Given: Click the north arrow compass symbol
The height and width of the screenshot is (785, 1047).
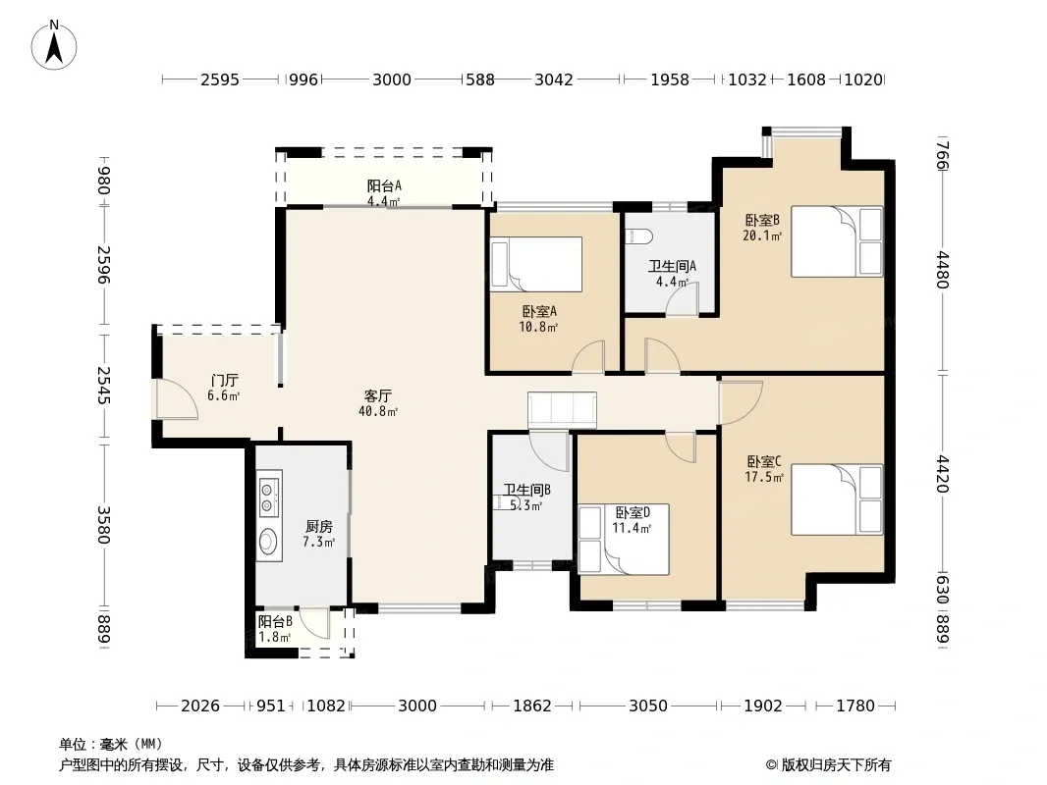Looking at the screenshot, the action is (x=54, y=45).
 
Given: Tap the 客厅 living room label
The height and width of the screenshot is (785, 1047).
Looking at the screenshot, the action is (x=378, y=395).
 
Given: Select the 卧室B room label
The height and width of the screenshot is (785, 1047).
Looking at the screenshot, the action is (x=762, y=220).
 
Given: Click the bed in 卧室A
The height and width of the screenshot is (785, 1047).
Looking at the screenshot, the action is (x=536, y=264).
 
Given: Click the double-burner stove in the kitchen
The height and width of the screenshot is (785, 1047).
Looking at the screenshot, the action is (x=269, y=494).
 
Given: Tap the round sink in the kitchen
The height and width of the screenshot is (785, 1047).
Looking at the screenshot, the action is (x=268, y=541).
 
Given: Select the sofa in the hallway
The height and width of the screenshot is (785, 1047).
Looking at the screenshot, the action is (x=562, y=409).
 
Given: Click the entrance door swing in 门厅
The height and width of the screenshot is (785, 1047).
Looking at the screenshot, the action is (x=177, y=399).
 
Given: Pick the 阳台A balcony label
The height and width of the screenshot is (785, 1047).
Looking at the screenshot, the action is (x=384, y=185).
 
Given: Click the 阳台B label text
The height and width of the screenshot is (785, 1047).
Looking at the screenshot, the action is (x=275, y=621).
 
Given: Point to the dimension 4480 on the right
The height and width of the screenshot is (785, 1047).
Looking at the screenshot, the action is (x=942, y=270).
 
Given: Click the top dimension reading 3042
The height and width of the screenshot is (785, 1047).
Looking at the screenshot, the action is (x=554, y=80).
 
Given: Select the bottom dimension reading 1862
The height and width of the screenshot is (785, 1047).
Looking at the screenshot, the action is (x=532, y=706).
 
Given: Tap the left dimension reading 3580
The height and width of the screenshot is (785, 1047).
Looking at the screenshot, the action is (x=103, y=525).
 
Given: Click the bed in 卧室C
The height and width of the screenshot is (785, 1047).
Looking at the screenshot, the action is (x=838, y=499).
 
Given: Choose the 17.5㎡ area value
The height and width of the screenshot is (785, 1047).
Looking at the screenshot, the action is (x=764, y=477).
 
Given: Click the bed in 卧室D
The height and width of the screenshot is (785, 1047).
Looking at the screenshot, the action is (x=624, y=539).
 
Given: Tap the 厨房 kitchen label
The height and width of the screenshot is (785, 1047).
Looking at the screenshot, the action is (x=319, y=527).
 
